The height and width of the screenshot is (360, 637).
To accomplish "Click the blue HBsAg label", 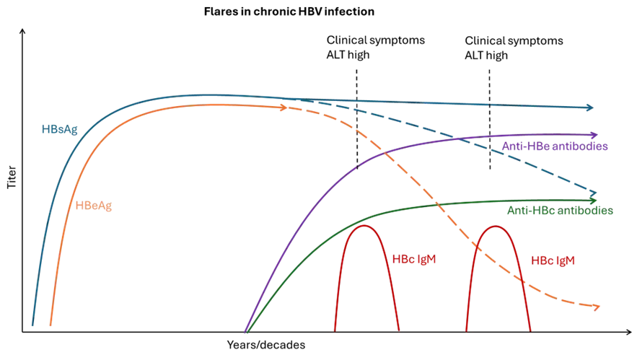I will click(59, 130).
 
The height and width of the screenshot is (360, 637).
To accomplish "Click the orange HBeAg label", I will click(95, 206).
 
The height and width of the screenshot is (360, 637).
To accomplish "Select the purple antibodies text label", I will click(555, 147).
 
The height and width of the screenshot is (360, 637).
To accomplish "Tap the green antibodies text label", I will click(558, 212).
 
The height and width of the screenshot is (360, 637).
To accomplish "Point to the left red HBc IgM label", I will click(415, 258).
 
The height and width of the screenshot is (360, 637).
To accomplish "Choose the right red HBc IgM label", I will click(553, 260).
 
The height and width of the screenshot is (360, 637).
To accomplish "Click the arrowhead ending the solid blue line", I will click(590, 108).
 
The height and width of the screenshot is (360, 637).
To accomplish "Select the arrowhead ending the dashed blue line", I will click(594, 193).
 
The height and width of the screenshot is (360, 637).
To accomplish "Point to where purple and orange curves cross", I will click(385, 154).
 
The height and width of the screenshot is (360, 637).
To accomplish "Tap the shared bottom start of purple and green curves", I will click(245, 333).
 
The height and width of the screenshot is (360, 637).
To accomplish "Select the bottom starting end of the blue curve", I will click(32, 326).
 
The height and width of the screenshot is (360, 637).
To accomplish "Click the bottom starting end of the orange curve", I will click(49, 326).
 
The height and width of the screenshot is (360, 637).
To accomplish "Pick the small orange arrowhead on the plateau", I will click(283, 108).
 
